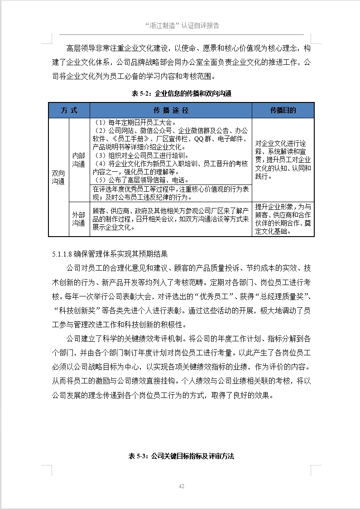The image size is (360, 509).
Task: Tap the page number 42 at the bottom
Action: pos(182,486)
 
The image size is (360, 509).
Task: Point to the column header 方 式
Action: pos(69,111)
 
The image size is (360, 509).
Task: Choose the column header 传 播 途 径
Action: pos(171,111)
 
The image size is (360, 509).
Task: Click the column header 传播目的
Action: pos(283,111)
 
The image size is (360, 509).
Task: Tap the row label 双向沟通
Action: pos(58,177)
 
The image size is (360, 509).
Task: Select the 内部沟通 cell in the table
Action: pos(79,160)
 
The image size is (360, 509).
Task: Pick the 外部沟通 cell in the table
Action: pos(79,219)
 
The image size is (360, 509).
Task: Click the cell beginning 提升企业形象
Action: pos(283,219)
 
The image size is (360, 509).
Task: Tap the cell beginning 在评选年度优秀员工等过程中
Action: pos(170,193)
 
